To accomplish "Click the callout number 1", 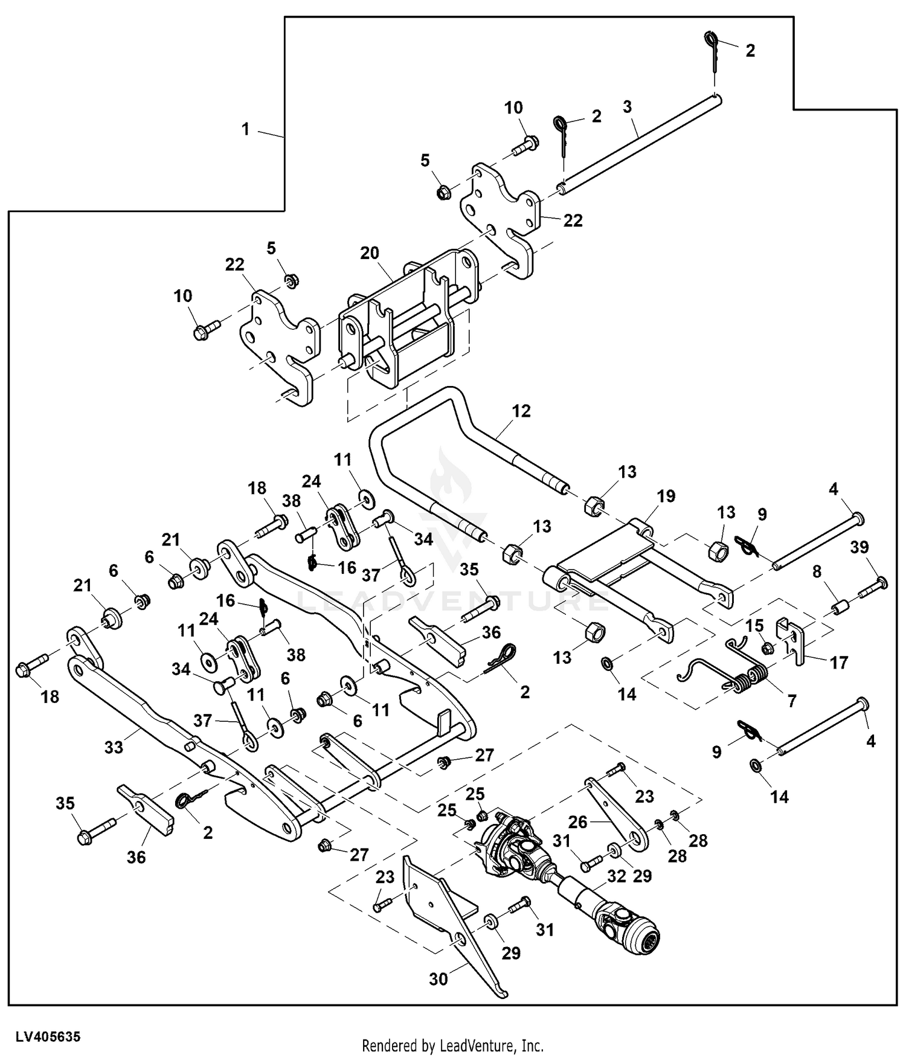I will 245,129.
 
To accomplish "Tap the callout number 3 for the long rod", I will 628,107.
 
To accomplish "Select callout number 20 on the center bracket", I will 370,252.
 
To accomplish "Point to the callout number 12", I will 521,411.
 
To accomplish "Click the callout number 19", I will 666,496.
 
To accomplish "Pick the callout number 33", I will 114,747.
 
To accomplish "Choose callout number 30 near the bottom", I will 439,978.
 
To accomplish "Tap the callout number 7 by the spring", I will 791,701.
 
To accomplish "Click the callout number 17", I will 839,663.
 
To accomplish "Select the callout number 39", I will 859,547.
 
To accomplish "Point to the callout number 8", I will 817,571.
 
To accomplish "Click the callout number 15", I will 754,626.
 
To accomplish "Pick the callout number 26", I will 578,822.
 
